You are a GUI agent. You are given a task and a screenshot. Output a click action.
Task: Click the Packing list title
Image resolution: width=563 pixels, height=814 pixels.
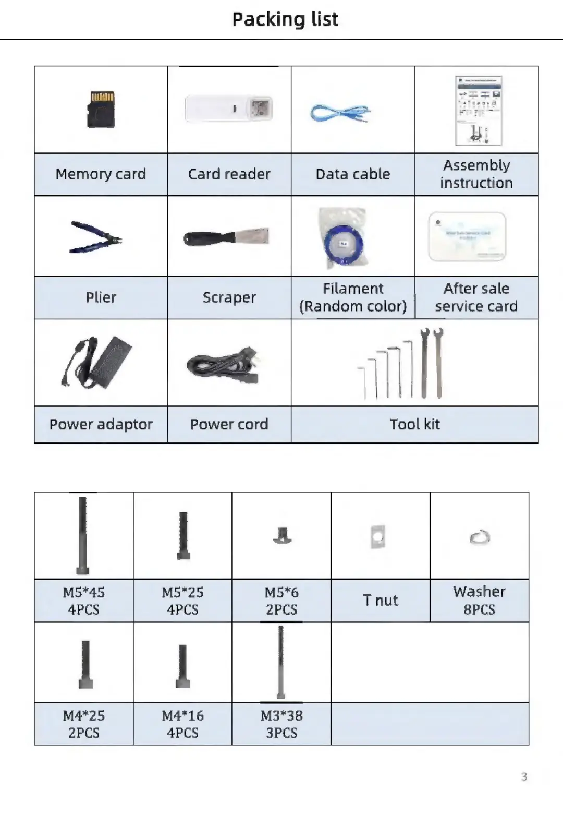click(285, 19)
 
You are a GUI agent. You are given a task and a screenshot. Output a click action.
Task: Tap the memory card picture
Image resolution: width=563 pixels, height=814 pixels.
click(101, 110)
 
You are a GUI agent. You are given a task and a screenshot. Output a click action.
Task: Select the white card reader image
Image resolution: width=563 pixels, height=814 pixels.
click(229, 109)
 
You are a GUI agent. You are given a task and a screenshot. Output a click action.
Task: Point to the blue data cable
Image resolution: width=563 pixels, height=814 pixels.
click(340, 113)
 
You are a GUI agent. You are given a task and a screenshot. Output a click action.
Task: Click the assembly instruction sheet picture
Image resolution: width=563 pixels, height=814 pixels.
click(479, 111)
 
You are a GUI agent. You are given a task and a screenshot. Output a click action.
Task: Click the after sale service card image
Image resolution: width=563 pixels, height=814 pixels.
click(467, 236)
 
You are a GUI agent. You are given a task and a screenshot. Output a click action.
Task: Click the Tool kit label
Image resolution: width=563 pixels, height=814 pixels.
click(415, 424)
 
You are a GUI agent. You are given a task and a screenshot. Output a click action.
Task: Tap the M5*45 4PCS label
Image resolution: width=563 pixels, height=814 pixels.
click(83, 601)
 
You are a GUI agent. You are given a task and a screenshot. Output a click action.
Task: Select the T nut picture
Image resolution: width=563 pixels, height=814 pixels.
click(378, 537)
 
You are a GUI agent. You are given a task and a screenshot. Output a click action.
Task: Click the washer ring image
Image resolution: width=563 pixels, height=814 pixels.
click(480, 537)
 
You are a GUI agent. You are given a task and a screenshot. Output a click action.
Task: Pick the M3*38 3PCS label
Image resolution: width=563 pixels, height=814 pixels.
click(281, 724)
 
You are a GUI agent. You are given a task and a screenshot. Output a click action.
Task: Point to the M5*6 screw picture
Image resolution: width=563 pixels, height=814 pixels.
click(282, 535)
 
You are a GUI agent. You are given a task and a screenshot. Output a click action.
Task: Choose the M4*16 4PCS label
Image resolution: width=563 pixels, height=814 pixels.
click(182, 724)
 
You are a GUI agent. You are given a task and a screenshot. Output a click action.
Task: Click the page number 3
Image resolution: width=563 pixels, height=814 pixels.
click(524, 776)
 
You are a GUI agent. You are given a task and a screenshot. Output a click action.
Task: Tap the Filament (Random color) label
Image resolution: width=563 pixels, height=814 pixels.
click(353, 297)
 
